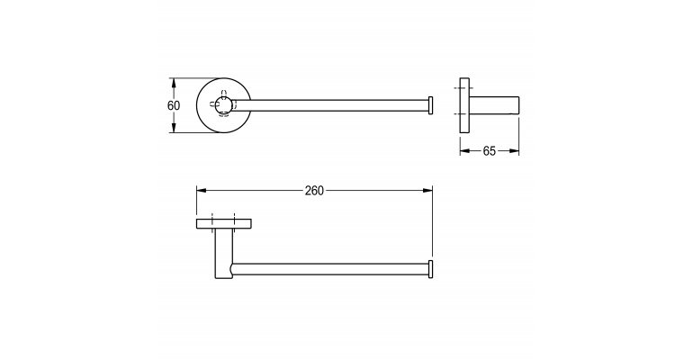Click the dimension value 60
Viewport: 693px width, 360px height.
click(174, 106)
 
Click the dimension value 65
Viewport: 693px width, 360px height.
click(489, 151)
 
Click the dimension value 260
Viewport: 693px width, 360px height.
click(314, 191)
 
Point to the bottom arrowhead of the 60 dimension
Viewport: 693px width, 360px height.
click(174, 128)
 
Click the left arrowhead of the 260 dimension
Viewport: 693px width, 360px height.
click(202, 191)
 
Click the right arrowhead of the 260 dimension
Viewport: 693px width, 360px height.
click(427, 191)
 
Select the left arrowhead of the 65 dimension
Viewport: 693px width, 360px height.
click(464, 151)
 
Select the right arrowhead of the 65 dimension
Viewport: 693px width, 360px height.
click(514, 151)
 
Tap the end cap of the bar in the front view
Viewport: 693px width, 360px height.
click(430, 105)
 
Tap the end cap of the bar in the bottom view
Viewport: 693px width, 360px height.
click(430, 269)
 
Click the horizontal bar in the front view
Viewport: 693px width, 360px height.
click(329, 105)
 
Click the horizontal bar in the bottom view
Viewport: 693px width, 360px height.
click(329, 269)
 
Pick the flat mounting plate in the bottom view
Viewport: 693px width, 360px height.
click(224, 223)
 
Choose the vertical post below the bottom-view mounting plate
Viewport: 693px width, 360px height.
click(223, 254)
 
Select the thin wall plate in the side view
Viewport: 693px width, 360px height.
click(464, 105)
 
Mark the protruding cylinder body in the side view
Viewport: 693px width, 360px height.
click(494, 105)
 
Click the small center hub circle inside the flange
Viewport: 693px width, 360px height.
click(223, 105)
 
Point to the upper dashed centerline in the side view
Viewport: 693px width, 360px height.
click(461, 88)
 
